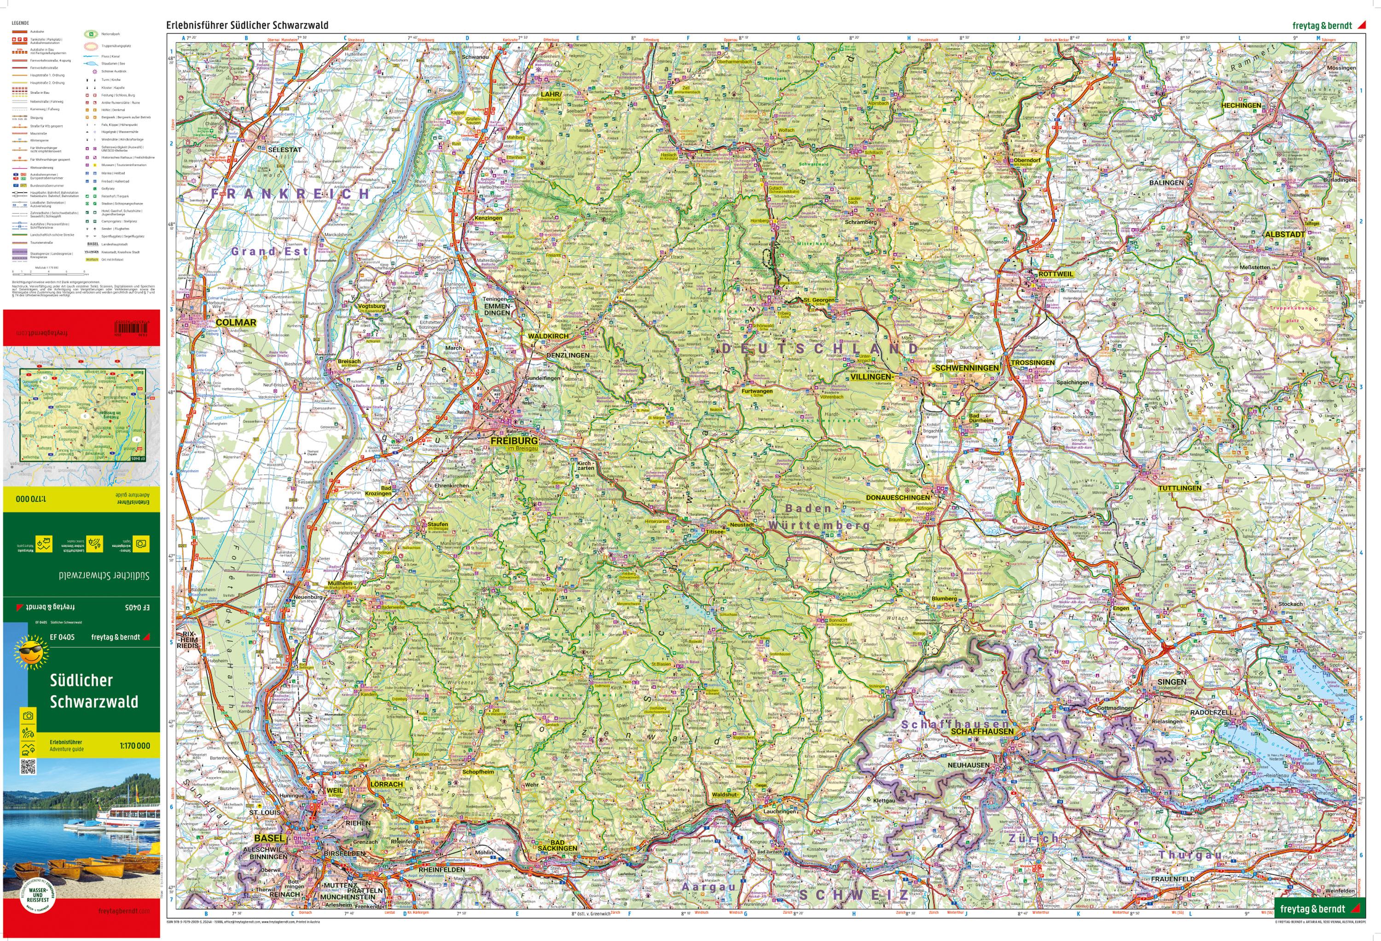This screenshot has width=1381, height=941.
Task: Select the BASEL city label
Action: (269, 838)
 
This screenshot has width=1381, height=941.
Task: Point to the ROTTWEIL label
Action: (1056, 274)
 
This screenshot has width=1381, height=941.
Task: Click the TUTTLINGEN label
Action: (1179, 488)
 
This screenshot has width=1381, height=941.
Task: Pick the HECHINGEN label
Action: (1241, 105)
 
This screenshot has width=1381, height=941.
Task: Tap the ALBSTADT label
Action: (1284, 234)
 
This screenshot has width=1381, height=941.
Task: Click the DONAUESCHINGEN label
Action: (897, 497)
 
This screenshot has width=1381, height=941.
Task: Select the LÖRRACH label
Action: (386, 784)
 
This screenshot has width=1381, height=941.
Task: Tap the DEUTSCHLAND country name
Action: (820, 349)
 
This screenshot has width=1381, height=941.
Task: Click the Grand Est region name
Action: (269, 251)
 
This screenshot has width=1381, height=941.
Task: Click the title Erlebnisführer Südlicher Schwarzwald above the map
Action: (247, 25)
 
